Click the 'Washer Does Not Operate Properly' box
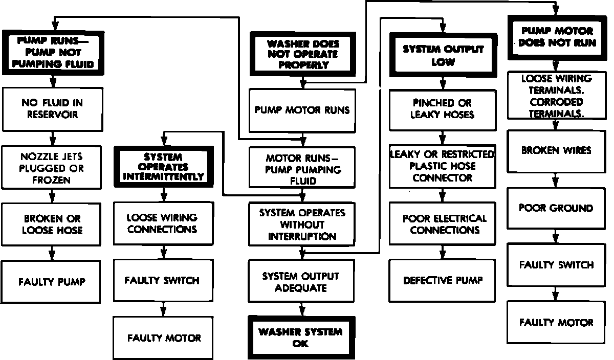(x=302, y=54)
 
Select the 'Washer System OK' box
(x=301, y=338)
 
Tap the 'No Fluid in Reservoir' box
(x=52, y=109)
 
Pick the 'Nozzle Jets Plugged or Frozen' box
(x=52, y=168)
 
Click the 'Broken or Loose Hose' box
(x=52, y=224)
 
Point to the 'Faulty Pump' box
(x=52, y=281)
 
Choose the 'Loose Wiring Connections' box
(x=163, y=223)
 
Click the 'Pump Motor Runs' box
(x=302, y=110)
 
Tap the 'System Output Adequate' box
(x=301, y=281)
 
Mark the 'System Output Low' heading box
(x=443, y=55)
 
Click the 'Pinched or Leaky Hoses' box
(x=443, y=109)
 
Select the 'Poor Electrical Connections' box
(x=443, y=224)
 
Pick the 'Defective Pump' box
(x=443, y=280)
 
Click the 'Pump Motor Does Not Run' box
(x=556, y=37)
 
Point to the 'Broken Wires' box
(x=556, y=151)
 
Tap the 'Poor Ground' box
(x=556, y=208)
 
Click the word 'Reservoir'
(x=52, y=115)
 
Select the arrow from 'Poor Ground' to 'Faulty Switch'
(x=556, y=236)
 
